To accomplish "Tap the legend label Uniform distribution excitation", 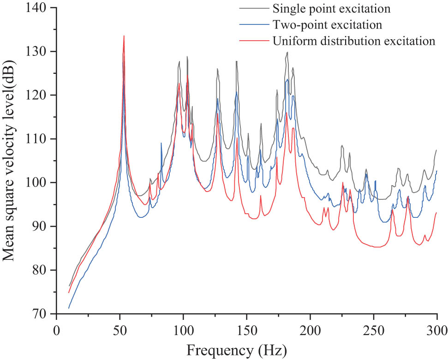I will (354, 41).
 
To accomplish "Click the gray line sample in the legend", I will (253, 8).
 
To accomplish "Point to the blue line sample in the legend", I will (253, 24).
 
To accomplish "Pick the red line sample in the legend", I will (253, 41).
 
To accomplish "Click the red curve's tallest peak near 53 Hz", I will (124, 36).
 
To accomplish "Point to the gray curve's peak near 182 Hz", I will (287, 52).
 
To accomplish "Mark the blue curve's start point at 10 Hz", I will (69, 308).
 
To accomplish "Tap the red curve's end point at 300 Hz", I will (436, 212).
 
